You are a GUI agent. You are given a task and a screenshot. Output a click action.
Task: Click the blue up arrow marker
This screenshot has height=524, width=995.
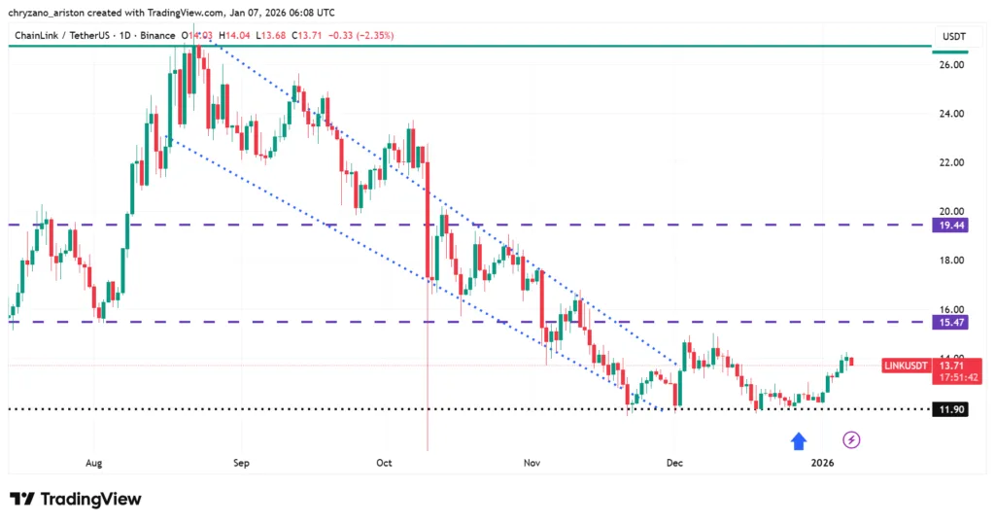point(799,441)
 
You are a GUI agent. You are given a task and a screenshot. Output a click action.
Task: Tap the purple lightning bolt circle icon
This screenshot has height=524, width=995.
point(852,440)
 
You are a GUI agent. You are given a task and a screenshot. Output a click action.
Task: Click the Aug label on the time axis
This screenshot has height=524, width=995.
point(94,464)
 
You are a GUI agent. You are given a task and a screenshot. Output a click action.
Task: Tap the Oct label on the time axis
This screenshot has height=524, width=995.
point(385,464)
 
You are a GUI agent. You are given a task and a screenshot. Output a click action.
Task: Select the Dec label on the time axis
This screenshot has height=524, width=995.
point(673,464)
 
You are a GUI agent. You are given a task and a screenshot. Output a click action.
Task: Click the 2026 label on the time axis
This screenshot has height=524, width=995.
point(822,464)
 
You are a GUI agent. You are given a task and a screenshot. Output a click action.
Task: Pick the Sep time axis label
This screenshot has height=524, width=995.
point(241,464)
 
